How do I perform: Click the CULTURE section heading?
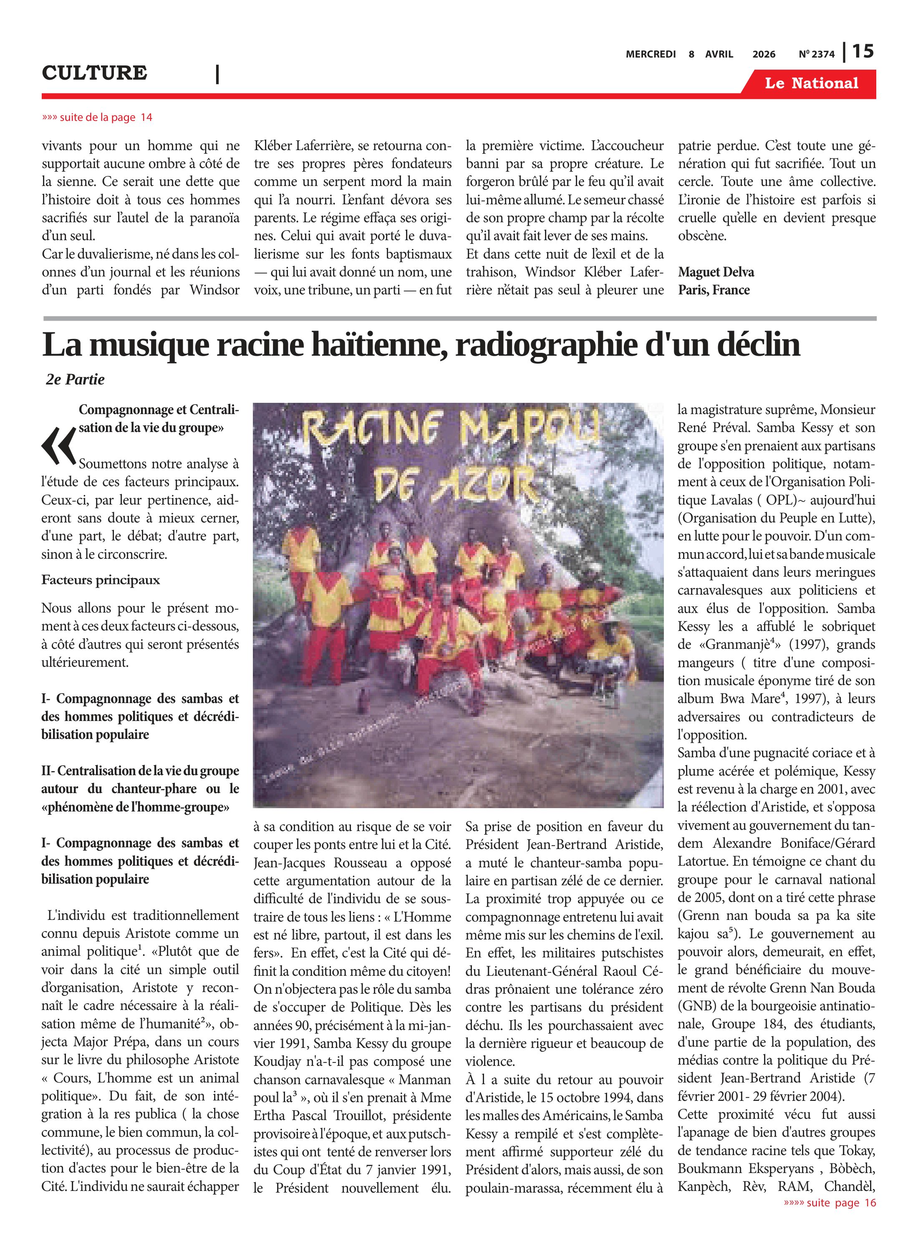tap(94, 73)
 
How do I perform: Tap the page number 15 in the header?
tap(863, 52)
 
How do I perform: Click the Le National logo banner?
tap(811, 83)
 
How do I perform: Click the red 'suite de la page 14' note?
tap(97, 117)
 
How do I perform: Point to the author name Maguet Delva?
tap(716, 272)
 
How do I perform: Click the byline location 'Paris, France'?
tap(714, 290)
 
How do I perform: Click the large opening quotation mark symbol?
tap(58, 445)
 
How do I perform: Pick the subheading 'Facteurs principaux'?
tap(101, 580)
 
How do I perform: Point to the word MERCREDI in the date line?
tap(650, 54)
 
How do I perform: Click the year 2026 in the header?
tap(764, 54)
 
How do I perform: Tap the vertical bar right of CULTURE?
tap(217, 74)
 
